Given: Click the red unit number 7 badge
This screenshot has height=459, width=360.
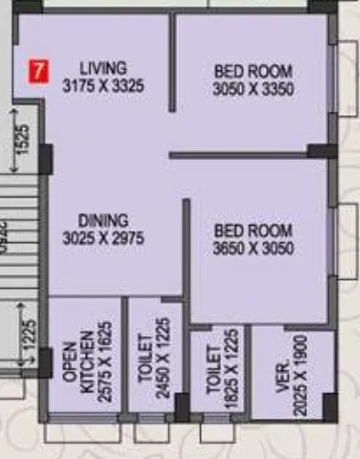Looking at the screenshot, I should click(x=38, y=69).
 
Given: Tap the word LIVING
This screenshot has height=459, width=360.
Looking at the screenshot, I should click(x=102, y=68).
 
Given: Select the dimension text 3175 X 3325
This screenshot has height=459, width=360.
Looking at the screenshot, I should click(x=103, y=86).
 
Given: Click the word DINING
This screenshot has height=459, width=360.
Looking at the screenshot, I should click(x=102, y=220).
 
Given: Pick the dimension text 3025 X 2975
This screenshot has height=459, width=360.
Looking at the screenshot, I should click(x=103, y=238).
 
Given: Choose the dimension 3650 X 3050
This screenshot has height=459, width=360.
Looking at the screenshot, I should click(x=253, y=248).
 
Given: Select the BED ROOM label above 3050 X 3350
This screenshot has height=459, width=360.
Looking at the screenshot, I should click(x=253, y=70).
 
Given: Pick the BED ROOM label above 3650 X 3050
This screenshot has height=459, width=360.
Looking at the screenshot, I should click(x=253, y=230).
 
